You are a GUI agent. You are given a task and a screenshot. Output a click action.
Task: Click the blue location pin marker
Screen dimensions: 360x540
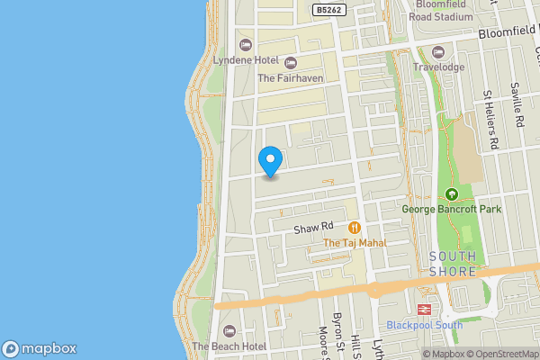270,161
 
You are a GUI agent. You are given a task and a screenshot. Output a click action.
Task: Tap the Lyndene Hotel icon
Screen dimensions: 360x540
244,45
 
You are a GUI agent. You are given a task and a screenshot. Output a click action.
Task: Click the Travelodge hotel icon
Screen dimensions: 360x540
438,51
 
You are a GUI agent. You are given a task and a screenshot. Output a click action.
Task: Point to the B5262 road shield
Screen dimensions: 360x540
328,9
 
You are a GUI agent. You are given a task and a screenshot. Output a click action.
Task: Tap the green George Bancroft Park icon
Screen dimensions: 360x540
452,194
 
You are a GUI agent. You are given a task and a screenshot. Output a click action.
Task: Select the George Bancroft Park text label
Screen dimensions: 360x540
452,210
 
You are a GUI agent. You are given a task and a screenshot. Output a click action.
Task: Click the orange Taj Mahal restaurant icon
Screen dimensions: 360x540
355,228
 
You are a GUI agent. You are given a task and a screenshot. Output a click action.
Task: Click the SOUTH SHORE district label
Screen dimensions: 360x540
453,264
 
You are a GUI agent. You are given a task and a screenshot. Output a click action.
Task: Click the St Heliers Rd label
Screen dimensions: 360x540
491,119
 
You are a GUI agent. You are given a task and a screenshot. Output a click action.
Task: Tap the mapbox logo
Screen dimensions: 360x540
39,348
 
